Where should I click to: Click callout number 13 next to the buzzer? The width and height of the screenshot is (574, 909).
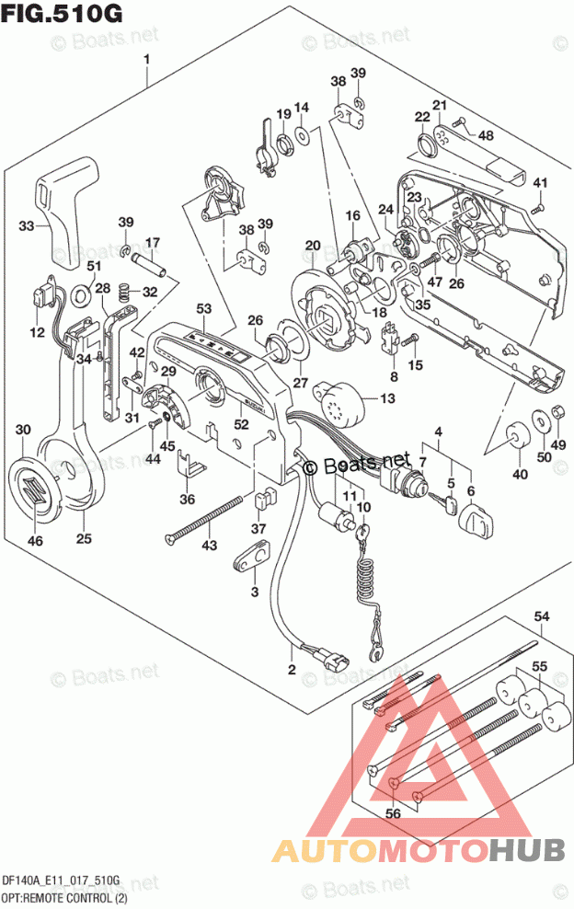click(x=387, y=398)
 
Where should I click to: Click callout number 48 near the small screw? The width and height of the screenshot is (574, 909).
click(x=485, y=135)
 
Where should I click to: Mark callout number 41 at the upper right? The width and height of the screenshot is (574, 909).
click(x=540, y=181)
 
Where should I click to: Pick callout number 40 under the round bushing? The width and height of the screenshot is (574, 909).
click(x=520, y=475)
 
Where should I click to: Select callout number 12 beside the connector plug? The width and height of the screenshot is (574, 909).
click(x=36, y=332)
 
